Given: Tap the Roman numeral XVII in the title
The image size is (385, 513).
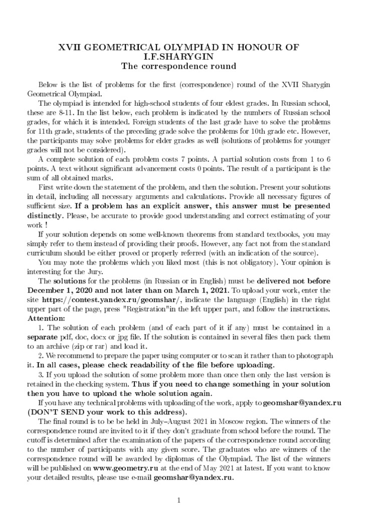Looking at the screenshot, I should point(72,47).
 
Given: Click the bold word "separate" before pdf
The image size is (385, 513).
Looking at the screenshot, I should point(44,337).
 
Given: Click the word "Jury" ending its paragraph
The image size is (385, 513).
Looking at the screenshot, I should point(92,272).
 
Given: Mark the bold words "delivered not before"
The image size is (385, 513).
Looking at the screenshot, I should point(292,281).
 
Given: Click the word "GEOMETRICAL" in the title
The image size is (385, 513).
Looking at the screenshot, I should point(123,47).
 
